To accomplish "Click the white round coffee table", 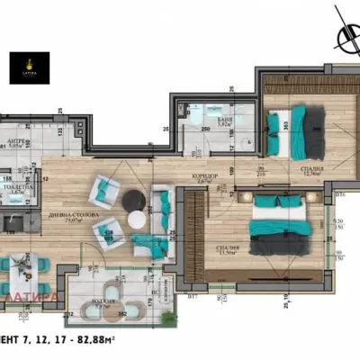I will click(x=138, y=218).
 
